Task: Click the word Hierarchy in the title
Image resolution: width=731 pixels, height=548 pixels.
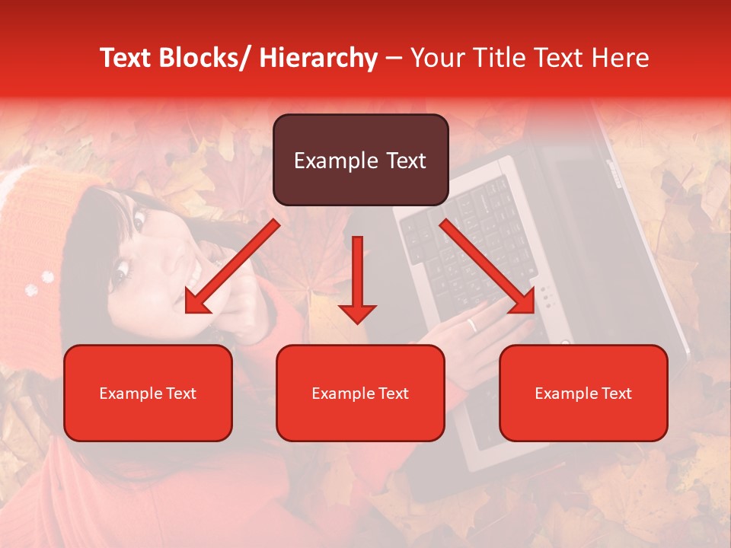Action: pos(318,58)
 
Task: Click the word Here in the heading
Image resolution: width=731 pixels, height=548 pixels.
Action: pos(619,58)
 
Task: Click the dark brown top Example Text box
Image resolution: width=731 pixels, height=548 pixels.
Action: pos(360,160)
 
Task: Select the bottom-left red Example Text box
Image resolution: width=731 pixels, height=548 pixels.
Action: pos(148,393)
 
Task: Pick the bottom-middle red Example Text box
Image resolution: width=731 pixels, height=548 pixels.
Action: pos(360,393)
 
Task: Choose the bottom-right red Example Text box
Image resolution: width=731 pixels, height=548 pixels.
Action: pos(583,393)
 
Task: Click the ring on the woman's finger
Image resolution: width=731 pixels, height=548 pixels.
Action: pos(472,326)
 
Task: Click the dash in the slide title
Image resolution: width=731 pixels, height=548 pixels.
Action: pos(394,58)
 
